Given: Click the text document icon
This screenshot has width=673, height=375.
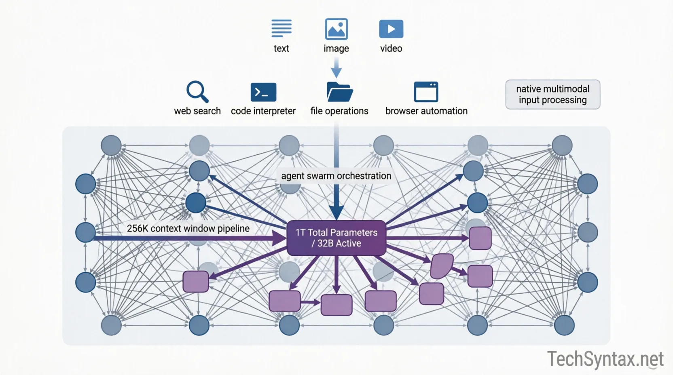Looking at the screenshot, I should [281, 28].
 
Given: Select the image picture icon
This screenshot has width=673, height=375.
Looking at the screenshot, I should [336, 29].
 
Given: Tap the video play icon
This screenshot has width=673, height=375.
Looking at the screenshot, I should [391, 29].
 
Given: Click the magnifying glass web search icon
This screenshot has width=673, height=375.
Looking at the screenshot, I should [197, 92].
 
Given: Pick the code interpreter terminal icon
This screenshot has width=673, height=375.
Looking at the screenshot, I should [263, 92].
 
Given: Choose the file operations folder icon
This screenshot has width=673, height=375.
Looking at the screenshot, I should [339, 92].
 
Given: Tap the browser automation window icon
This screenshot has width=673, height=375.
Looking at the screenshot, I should [426, 92].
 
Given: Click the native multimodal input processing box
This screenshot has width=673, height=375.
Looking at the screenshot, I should [552, 95].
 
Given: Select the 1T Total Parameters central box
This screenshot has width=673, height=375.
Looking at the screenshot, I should [336, 238].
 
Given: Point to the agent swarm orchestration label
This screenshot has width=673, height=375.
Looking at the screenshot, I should [336, 176].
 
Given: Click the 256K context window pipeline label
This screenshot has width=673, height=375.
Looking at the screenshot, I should [188, 228].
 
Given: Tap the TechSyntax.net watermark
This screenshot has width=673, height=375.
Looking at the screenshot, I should [605, 359].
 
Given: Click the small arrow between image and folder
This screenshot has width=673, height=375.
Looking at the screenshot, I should [336, 68].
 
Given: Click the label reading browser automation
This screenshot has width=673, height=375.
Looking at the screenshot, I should [426, 111].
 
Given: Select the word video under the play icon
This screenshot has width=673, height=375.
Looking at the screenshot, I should [391, 48].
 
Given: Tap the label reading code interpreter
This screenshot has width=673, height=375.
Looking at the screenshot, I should [263, 111].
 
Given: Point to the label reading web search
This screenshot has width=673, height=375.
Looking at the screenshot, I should [197, 111].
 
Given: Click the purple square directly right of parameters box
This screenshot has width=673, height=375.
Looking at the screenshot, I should [480, 238].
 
